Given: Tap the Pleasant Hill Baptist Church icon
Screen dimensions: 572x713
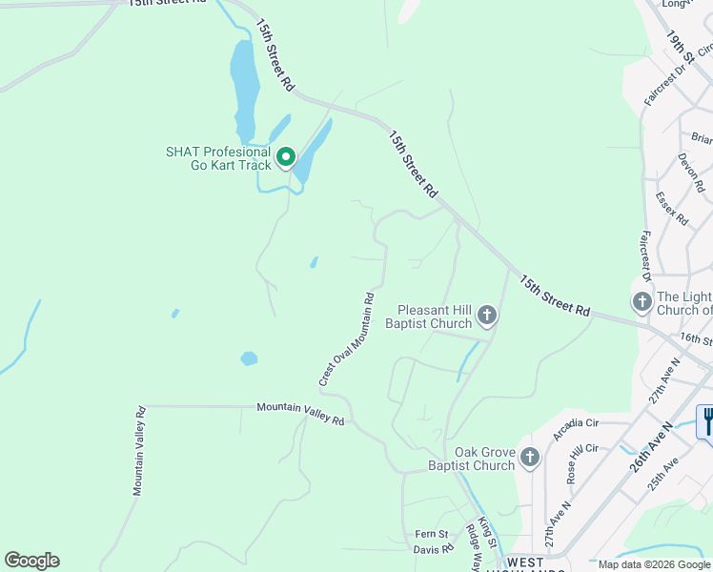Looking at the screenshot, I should point(486,315).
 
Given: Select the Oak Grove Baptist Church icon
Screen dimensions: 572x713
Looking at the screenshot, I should point(529,460).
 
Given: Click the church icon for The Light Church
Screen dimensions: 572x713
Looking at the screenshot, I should point(642,302).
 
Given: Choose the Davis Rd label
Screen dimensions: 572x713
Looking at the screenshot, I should point(433,550).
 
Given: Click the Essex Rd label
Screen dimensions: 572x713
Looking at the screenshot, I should point(672,209).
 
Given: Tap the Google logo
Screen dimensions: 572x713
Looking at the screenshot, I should point(31,561).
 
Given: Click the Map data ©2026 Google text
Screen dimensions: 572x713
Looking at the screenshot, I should point(653,564).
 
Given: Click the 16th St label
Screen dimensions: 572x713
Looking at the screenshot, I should point(695,339).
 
